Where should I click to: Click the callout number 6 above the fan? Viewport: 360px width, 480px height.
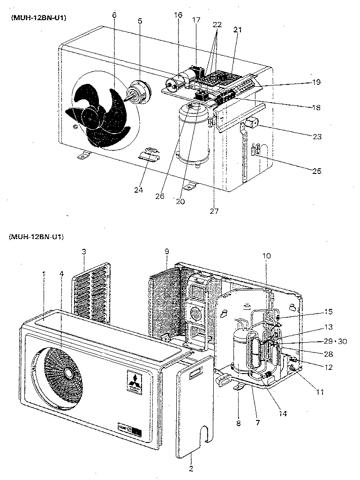(114, 15)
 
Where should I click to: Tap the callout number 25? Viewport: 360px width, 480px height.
(317, 171)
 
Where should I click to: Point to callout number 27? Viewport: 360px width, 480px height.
(214, 211)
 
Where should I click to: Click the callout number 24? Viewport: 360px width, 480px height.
(138, 190)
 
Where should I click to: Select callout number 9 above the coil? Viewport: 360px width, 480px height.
(166, 252)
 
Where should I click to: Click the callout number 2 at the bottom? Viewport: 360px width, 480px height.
(190, 468)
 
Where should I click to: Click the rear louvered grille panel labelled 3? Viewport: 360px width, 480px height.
(92, 293)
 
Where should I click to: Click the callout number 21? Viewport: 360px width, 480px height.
(238, 29)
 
